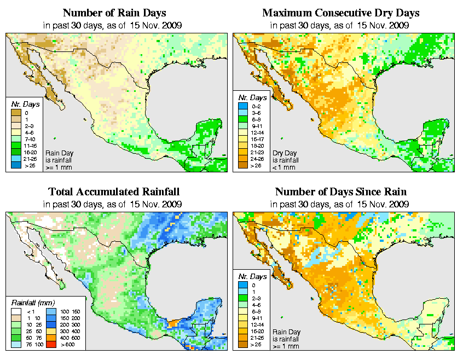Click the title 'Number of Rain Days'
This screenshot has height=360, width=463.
[114, 13]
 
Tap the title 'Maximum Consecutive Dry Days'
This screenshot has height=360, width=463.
[340, 13]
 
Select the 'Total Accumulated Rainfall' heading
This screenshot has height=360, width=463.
[114, 191]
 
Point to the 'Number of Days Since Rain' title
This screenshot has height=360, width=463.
[340, 191]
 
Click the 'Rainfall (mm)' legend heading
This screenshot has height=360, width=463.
[33, 301]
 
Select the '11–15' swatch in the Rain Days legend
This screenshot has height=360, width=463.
[16, 145]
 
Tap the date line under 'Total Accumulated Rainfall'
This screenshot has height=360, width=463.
[114, 204]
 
